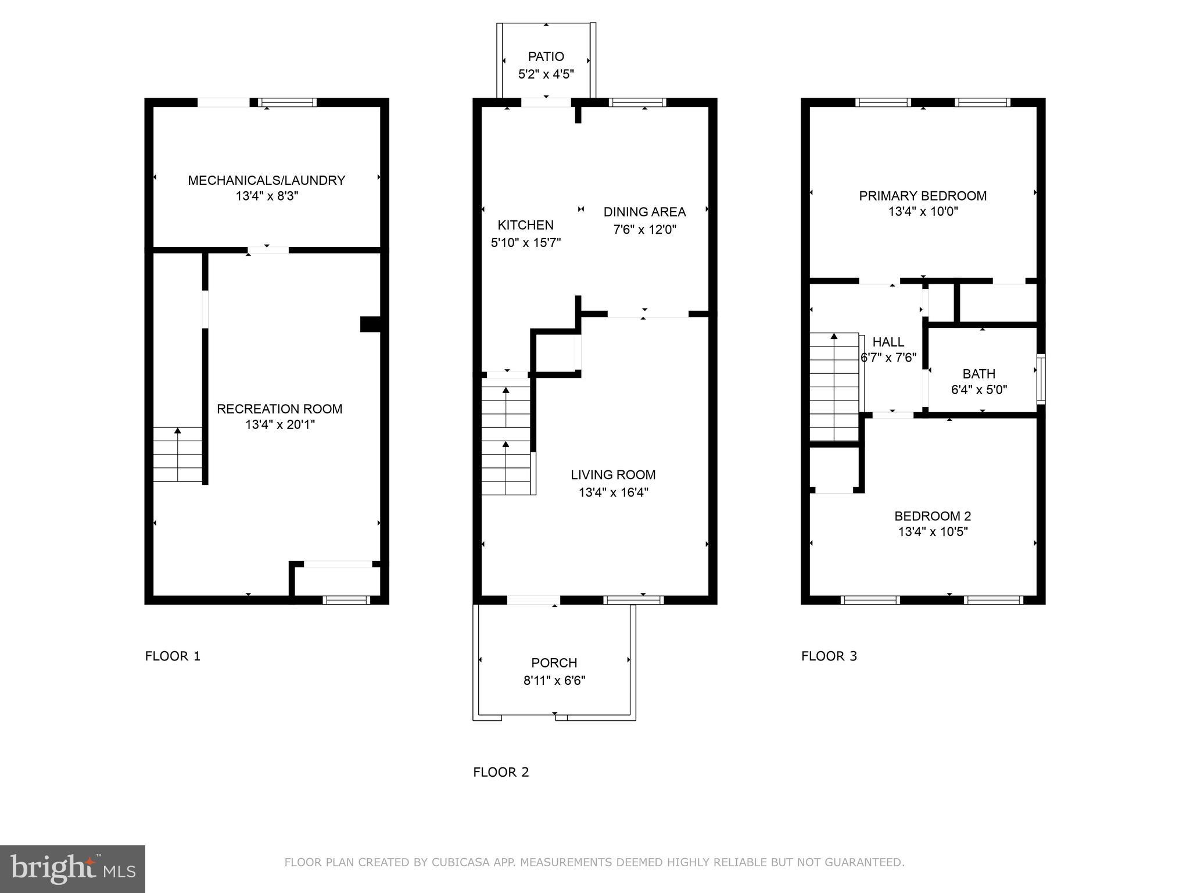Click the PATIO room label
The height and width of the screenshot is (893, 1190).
546,56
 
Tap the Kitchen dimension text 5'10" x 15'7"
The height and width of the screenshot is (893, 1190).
525,242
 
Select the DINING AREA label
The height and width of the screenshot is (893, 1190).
644,212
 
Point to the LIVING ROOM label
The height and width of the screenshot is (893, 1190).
613,475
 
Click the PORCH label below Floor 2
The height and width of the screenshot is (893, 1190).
554,663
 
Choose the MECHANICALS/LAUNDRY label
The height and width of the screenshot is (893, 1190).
267,180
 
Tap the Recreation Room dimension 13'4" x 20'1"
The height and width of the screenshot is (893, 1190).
279,425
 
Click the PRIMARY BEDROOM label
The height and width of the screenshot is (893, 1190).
923,196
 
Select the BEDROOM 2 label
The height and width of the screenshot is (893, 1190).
933,516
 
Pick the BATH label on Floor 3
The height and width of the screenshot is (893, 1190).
978,374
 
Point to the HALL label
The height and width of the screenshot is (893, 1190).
888,342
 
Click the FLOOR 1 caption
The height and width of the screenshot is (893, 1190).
173,656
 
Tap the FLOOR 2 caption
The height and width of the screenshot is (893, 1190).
501,772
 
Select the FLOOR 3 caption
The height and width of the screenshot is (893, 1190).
829,656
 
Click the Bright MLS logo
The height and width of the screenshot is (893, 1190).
73,869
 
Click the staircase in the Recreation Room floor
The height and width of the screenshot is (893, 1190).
178,455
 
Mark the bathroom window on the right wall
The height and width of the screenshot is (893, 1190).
1041,379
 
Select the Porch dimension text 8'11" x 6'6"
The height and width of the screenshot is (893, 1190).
554,681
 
